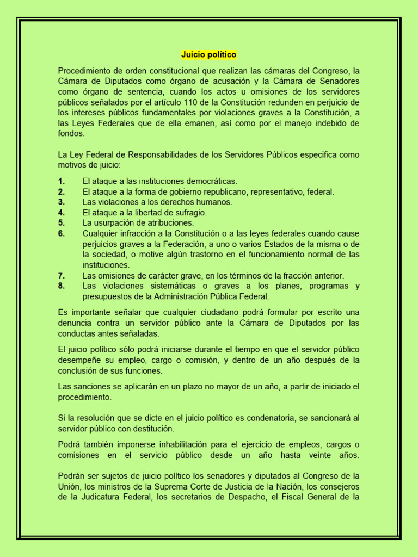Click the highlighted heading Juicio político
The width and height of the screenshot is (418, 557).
click(x=209, y=55)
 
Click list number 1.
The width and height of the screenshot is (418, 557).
click(x=62, y=181)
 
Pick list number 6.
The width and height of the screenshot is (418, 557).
click(x=62, y=233)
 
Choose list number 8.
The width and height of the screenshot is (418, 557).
click(x=62, y=286)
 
